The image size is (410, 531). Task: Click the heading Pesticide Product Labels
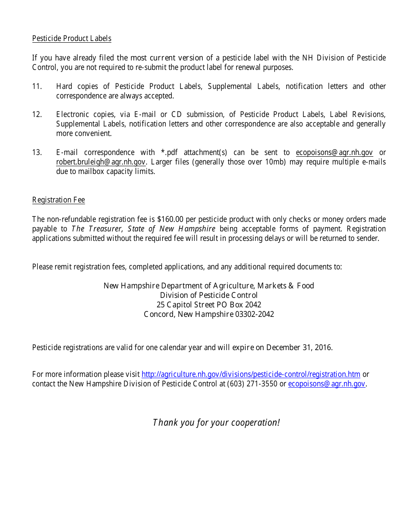coord(72,38)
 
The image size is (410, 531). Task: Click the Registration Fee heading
coord(58,200)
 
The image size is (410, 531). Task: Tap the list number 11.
coord(37,86)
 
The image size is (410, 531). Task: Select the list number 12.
coord(37,114)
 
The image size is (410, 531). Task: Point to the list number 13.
coord(37,152)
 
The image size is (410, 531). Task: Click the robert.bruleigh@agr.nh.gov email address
coord(101,162)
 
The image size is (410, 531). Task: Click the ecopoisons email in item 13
coord(334,152)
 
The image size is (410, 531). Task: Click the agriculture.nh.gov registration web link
coord(251,374)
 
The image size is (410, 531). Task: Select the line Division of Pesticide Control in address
coord(209,295)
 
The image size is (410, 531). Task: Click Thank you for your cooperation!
coord(216,422)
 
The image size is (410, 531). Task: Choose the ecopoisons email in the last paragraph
coord(327,384)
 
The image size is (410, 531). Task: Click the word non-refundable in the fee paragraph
coord(70,219)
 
